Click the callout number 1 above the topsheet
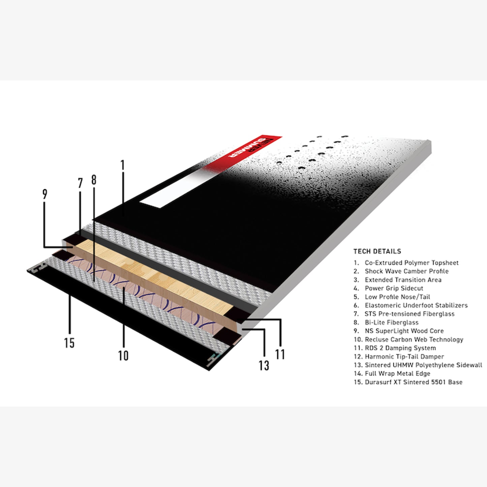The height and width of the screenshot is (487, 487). click(x=123, y=165)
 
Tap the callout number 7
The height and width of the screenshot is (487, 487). click(x=80, y=183)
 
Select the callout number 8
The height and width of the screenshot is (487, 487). click(x=94, y=180)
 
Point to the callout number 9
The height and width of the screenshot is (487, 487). click(x=45, y=194)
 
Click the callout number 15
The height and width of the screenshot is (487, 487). click(x=69, y=343)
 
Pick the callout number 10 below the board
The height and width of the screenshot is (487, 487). click(x=123, y=356)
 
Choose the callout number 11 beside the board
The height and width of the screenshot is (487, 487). click(x=280, y=354)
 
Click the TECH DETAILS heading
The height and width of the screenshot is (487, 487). click(x=377, y=251)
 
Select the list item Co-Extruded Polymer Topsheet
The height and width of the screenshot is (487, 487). click(x=406, y=263)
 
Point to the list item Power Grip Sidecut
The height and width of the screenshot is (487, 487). click(x=388, y=288)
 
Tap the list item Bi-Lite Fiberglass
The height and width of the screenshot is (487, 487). click(x=386, y=323)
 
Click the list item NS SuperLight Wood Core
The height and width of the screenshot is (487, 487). click(x=399, y=331)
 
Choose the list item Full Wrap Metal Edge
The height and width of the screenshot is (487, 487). click(x=392, y=373)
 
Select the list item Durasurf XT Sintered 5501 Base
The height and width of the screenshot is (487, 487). click(x=408, y=382)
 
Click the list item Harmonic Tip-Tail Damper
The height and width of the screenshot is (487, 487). click(x=399, y=357)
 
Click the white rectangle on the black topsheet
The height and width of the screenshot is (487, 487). click(x=177, y=190)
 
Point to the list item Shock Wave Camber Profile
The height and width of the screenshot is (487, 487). click(x=401, y=271)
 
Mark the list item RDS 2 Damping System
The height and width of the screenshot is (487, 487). click(x=395, y=348)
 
